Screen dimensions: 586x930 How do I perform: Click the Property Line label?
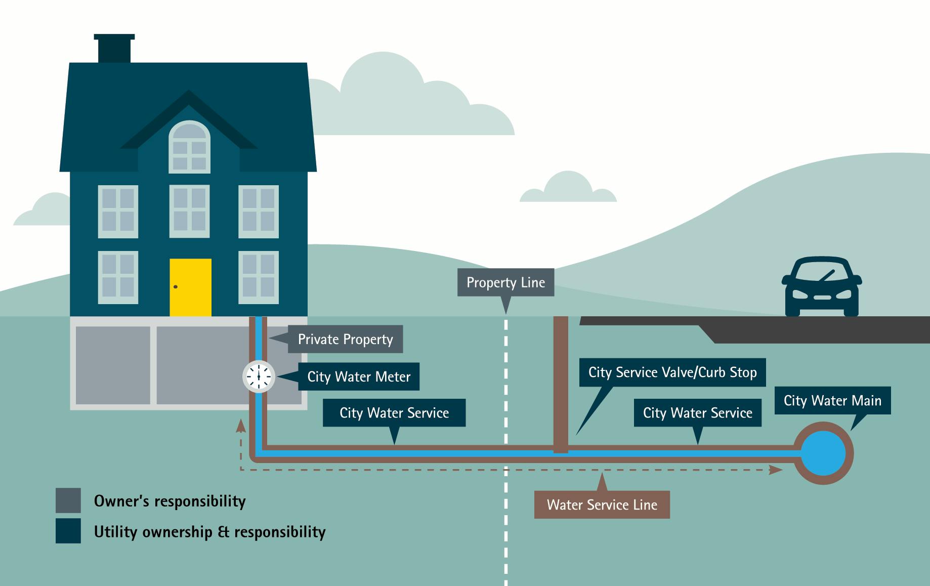505,282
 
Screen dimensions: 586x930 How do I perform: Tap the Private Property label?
345,339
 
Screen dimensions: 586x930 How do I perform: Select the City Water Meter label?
359,376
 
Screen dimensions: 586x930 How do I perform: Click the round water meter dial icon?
259,376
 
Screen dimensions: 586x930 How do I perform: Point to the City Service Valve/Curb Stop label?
672,372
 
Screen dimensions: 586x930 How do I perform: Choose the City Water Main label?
832,401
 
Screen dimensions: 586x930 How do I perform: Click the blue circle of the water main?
823,453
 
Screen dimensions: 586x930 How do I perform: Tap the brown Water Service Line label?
602,505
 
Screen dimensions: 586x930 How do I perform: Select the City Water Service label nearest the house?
394,413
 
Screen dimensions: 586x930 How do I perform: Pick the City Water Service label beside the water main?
697,413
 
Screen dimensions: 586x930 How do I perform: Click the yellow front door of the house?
190,287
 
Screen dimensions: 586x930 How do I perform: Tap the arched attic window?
189,147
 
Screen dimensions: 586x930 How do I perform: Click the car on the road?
821,287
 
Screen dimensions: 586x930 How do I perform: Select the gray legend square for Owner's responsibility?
68,500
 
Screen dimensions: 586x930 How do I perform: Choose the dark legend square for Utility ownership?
68,531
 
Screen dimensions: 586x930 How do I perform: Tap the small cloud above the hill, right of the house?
568,188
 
